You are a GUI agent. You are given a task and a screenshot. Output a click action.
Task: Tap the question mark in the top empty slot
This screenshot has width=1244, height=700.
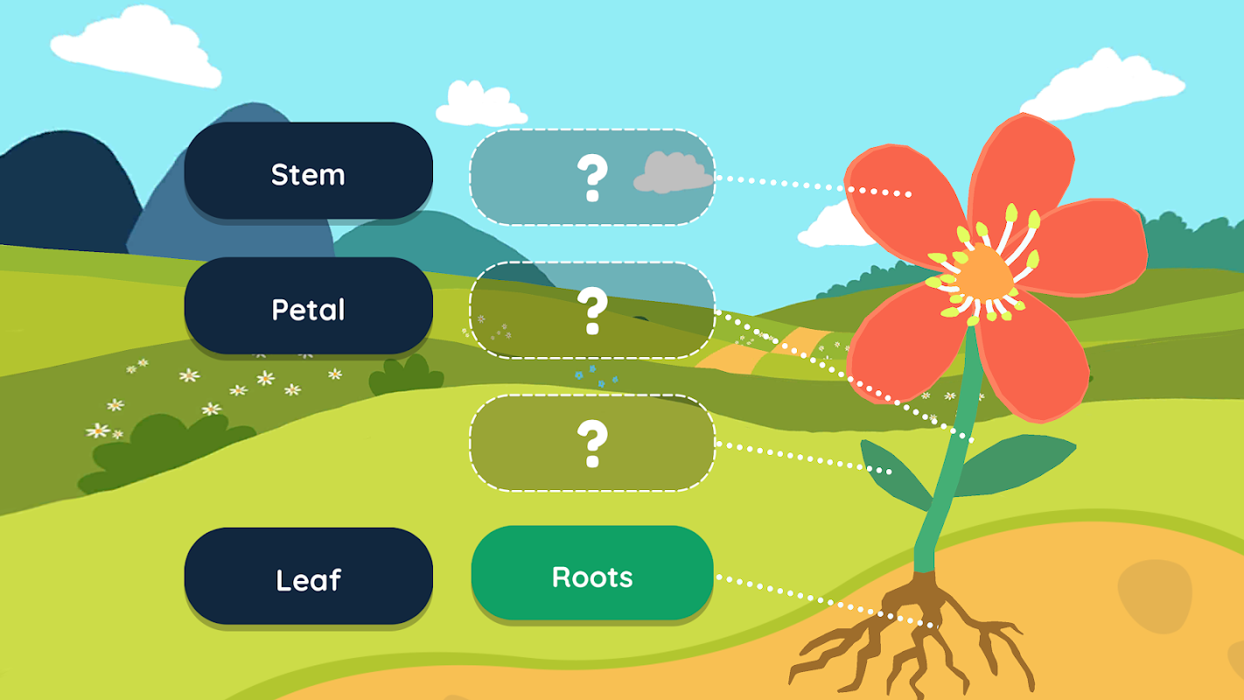[591, 178]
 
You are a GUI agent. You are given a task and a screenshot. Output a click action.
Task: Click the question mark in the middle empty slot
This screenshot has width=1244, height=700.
[591, 311]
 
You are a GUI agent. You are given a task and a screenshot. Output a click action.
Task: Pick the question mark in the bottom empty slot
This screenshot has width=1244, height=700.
[591, 444]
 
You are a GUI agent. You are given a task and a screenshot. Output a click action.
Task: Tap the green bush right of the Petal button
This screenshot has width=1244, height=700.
[404, 376]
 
